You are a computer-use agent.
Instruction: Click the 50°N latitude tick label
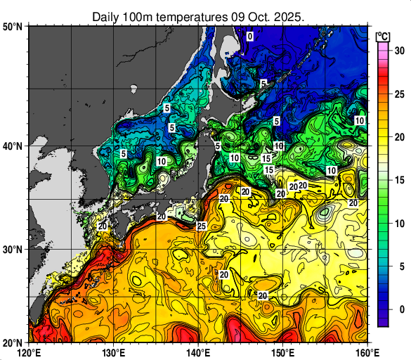pos(13,27)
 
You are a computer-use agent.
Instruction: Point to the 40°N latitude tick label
pos(13,146)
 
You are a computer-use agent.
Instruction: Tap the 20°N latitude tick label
pos(13,342)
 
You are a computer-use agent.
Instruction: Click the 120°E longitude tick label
pos(29,351)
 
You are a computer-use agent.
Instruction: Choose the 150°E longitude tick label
pos(282,351)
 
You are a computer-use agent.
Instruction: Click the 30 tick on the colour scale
pos(398,51)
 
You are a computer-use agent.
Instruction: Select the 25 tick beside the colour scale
pos(398,94)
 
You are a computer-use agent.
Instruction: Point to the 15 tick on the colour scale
pos(398,180)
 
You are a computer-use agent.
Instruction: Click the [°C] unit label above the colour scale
pos(384,36)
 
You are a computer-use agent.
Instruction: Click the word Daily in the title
pos(105,15)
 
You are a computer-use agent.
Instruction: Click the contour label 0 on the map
pos(249,36)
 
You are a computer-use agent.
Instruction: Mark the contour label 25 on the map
pos(201,226)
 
